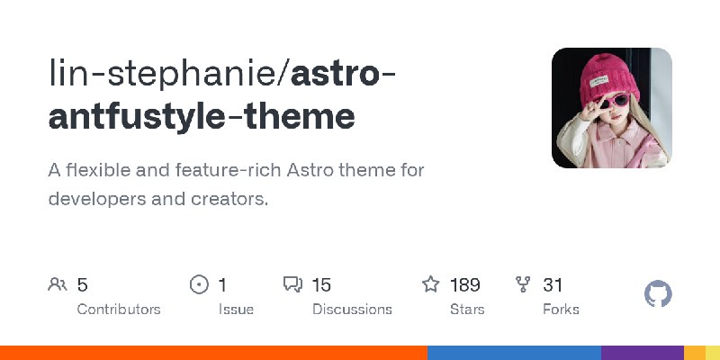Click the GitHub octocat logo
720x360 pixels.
(659, 294)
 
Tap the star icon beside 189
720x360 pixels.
(431, 285)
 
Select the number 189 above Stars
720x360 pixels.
(464, 285)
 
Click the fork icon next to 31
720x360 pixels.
(523, 285)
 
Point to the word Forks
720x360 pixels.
(561, 309)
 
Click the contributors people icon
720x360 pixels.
(57, 285)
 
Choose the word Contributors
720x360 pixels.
(119, 309)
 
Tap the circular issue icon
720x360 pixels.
(199, 285)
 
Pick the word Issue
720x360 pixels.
(236, 309)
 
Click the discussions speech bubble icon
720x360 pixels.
(292, 285)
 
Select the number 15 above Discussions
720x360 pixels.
(321, 285)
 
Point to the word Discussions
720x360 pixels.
(352, 309)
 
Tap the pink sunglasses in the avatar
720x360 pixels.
(602, 100)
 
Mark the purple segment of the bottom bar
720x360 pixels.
(643, 353)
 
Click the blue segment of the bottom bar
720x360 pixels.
(514, 353)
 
